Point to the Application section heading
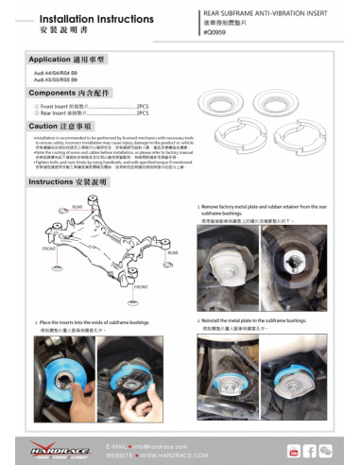point(63,59)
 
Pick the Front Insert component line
point(89,108)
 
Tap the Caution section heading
point(59,126)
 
